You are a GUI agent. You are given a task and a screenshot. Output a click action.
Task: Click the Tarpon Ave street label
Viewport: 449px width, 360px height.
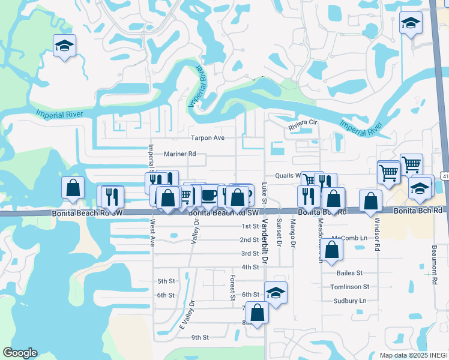(x=207, y=138)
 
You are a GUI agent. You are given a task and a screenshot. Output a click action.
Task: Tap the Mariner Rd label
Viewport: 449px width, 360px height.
(x=179, y=154)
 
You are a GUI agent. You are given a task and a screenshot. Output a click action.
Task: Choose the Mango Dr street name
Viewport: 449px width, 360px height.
(x=294, y=233)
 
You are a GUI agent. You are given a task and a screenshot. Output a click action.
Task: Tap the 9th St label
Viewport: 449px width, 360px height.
(x=200, y=337)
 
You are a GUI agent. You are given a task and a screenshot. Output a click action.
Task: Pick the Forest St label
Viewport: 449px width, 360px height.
(x=232, y=288)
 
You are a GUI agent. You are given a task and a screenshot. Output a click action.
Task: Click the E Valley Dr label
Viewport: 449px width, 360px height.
(x=188, y=314)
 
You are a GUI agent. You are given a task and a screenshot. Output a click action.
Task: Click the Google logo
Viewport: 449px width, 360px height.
(x=20, y=353)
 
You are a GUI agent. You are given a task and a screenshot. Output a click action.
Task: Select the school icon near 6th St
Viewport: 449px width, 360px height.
(x=276, y=293)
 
